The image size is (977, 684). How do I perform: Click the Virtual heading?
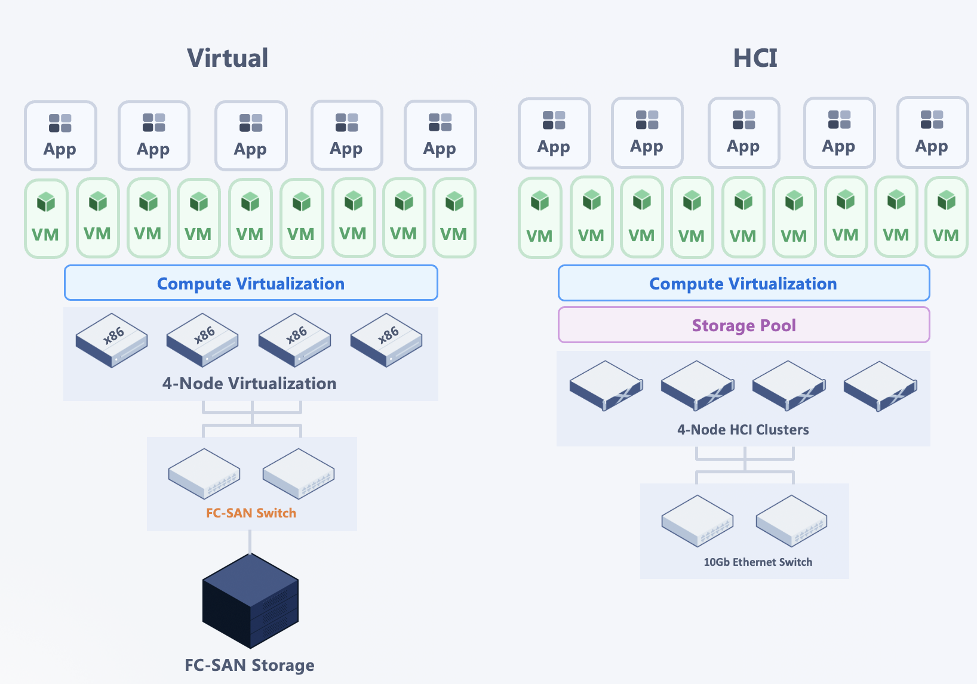coord(228,58)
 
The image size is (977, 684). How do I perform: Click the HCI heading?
coord(755,58)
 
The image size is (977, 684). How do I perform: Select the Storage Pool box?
coord(743,325)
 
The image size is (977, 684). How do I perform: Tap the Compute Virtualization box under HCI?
coord(743,284)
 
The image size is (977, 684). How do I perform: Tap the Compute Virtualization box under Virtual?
coord(251,283)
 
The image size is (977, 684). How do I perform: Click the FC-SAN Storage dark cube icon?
coord(250,600)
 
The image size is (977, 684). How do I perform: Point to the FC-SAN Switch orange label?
coord(251,513)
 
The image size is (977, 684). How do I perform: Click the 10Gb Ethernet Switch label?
coord(758,562)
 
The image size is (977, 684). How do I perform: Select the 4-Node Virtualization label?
coord(249,384)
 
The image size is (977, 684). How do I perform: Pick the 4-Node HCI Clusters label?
coord(743,430)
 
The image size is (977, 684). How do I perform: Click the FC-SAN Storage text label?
coord(250,665)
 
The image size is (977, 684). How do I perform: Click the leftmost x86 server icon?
coord(112,340)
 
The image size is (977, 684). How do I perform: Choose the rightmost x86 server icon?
coord(386,340)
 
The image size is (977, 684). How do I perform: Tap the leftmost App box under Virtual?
coord(61,135)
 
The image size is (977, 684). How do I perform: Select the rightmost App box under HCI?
coord(933,133)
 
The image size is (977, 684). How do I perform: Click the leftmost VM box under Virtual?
coord(46,218)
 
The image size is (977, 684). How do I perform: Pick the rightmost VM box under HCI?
coord(947,217)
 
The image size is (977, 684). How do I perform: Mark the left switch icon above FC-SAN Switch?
coord(204,474)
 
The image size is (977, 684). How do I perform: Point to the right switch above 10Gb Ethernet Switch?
coord(791,521)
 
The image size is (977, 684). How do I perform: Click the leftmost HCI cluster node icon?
coord(606,386)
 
